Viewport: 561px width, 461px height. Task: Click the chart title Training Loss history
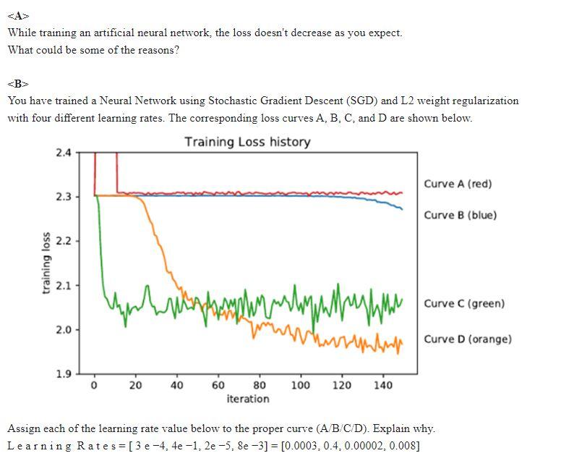[x=247, y=141]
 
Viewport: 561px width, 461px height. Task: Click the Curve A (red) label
[x=458, y=184]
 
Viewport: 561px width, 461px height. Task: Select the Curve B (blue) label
[x=460, y=215]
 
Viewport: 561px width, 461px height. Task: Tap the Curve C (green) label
[x=464, y=303]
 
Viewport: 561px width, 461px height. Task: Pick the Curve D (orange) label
[x=468, y=339]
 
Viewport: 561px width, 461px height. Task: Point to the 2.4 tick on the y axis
[x=63, y=153]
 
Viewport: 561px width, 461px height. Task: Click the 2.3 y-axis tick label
[x=63, y=197]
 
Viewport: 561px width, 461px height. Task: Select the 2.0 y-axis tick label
[x=63, y=330]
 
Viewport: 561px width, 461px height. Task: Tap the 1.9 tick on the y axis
[x=63, y=374]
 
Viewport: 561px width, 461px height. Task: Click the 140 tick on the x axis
[x=383, y=385]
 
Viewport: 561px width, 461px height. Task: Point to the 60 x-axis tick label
[x=218, y=385]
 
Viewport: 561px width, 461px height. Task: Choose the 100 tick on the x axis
[x=301, y=385]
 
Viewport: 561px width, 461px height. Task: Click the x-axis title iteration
[x=247, y=399]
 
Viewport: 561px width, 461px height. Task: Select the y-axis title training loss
[x=46, y=263]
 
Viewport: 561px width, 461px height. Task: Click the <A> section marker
[x=17, y=16]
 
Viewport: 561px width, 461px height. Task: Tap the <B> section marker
[x=17, y=83]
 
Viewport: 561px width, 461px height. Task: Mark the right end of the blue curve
[x=402, y=209]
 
